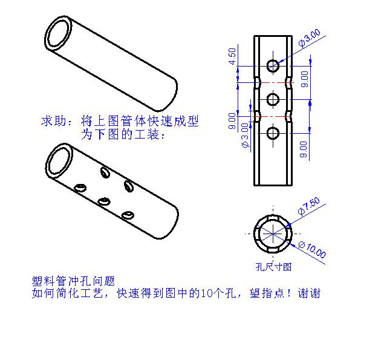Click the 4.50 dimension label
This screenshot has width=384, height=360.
coord(232,56)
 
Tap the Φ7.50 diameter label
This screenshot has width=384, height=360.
coord(309,206)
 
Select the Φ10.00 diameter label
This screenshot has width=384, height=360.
coord(313,250)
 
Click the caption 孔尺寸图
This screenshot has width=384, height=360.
coord(273,267)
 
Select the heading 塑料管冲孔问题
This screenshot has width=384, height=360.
coord(73,281)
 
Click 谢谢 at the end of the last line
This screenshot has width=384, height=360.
coord(309,293)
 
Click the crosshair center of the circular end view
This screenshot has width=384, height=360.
coord(273,234)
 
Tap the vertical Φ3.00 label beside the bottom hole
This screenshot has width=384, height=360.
coord(245,136)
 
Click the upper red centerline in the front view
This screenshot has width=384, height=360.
coord(273,82)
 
